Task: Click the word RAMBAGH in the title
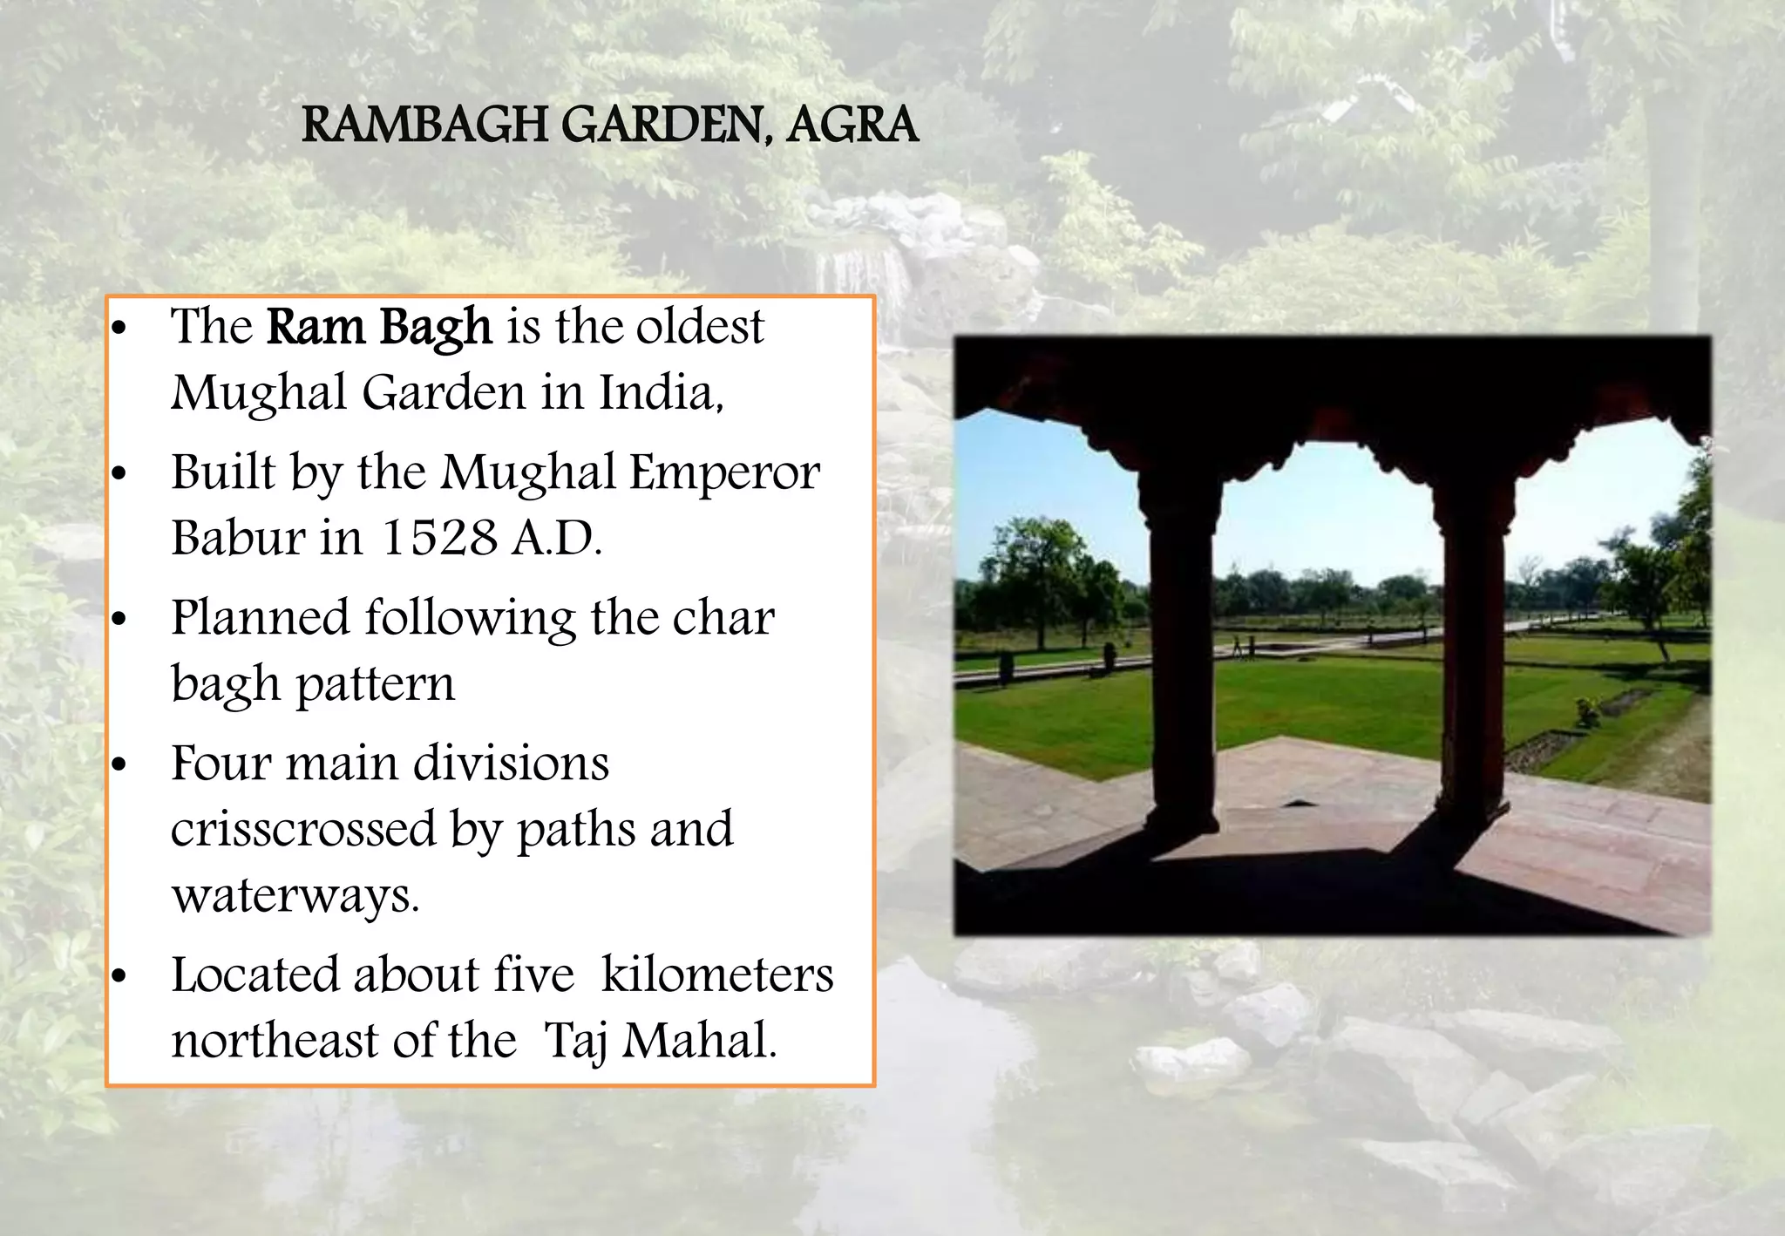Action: click(x=424, y=125)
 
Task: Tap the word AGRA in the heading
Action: click(x=852, y=125)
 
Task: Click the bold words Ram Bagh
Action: click(x=379, y=327)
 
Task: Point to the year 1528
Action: click(x=439, y=537)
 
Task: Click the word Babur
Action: click(x=237, y=537)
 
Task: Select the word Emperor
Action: click(x=724, y=472)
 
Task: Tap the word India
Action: click(x=660, y=392)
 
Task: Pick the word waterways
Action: click(x=295, y=895)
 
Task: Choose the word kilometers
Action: click(x=717, y=975)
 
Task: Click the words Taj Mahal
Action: click(x=659, y=1041)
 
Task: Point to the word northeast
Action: click(x=275, y=1041)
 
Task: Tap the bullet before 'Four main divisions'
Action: click(x=119, y=765)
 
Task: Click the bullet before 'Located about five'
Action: click(x=119, y=976)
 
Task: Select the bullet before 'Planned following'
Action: click(x=119, y=620)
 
